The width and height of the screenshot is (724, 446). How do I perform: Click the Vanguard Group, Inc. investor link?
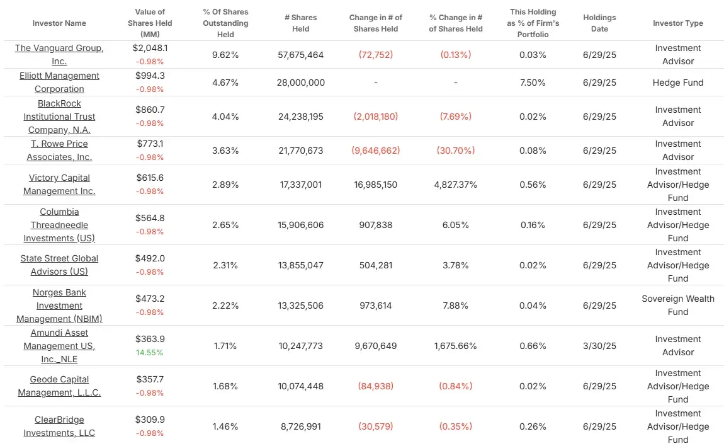pos(59,55)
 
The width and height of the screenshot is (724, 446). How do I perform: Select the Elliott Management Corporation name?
pos(59,83)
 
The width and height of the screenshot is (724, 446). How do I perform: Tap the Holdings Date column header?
pos(599,23)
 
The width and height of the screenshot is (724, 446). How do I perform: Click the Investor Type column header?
pos(678,23)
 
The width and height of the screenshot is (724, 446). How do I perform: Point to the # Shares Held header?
pos(300,23)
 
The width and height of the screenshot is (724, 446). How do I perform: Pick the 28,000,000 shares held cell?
pos(300,83)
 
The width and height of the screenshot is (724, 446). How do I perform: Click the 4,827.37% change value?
pos(455,185)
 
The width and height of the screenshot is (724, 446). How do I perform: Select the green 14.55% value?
pos(150,353)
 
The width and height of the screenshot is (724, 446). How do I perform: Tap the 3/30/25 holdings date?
pos(599,346)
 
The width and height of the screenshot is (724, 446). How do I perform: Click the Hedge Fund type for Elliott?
pos(678,83)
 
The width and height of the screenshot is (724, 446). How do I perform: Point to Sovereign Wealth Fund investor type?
pos(678,306)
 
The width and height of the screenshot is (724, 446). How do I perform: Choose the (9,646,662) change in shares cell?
pos(376,151)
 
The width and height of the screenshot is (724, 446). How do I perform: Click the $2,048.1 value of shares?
pos(150,48)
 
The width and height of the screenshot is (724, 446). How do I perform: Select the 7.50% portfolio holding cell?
pos(533,83)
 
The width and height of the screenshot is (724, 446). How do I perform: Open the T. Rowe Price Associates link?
pos(59,150)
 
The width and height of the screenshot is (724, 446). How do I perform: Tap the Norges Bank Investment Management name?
pos(59,306)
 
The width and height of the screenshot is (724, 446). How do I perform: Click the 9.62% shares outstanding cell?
pos(225,55)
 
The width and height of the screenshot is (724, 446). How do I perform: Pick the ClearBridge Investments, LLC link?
pos(59,426)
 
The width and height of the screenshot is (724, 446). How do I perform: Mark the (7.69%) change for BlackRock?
pos(455,117)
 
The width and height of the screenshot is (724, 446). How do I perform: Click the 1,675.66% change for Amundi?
pos(455,346)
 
